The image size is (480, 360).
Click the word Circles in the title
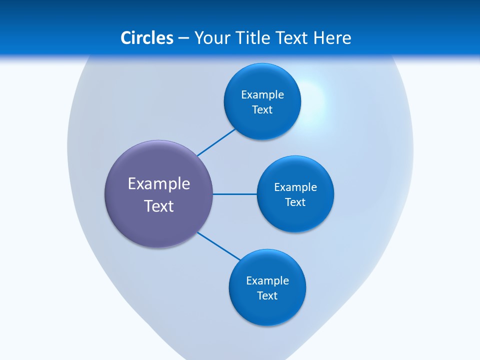tap(147, 38)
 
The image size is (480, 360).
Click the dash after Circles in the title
tap(183, 38)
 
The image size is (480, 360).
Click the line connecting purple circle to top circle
tap(216, 142)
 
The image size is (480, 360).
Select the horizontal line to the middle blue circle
tap(235, 194)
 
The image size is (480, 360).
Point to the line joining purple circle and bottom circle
tap(219, 245)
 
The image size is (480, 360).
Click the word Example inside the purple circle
tap(159, 184)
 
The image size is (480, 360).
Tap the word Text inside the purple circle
tap(159, 206)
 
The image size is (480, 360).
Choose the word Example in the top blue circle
tap(262, 94)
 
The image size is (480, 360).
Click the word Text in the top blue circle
tap(262, 109)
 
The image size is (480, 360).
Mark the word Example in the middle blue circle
tap(295, 187)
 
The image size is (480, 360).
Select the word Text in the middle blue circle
tap(295, 202)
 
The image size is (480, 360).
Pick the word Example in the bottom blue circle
tap(267, 280)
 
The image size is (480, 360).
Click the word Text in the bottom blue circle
tap(267, 295)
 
